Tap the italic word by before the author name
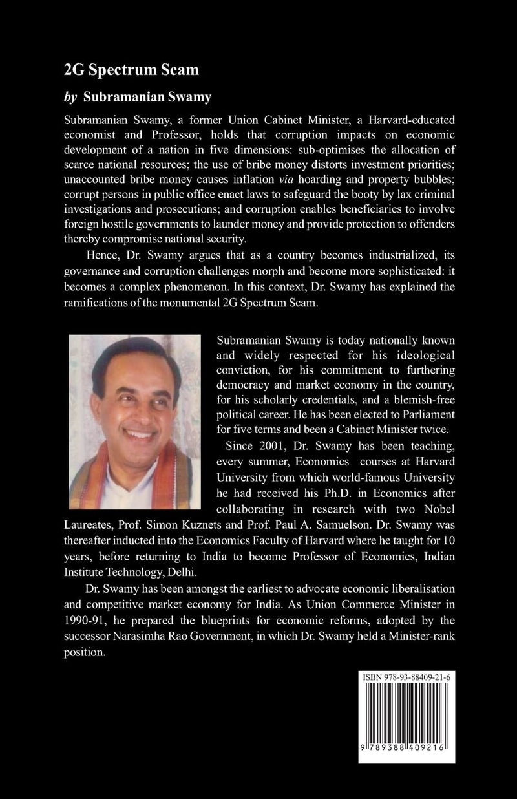click(71, 96)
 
